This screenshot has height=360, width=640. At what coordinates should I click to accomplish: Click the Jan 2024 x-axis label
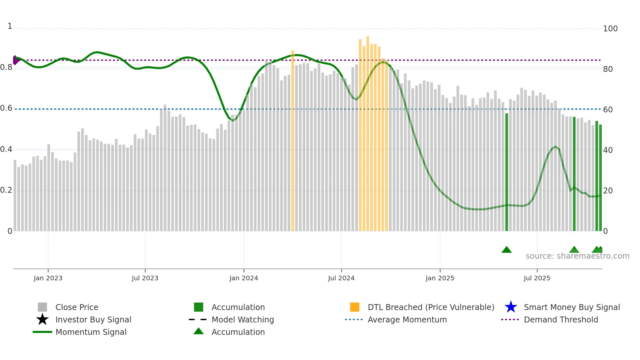[x=244, y=278]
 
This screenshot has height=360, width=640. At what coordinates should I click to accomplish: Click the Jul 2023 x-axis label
[x=145, y=278]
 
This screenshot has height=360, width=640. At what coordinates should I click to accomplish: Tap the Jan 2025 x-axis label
[x=440, y=278]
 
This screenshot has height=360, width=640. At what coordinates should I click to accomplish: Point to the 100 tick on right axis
[x=610, y=29]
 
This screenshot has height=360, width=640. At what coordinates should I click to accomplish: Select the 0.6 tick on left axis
[x=6, y=108]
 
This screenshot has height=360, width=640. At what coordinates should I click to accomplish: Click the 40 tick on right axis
[x=608, y=150]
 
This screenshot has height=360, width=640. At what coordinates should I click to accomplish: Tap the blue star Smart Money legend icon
[x=511, y=307]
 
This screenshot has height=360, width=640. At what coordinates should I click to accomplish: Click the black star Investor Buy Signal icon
[x=42, y=319]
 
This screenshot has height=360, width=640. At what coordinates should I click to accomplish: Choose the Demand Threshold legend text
[x=561, y=319]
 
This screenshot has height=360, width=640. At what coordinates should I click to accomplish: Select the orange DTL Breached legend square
[x=355, y=307]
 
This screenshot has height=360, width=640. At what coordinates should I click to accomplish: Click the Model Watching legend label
[x=243, y=319]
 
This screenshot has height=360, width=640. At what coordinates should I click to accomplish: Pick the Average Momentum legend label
[x=407, y=319]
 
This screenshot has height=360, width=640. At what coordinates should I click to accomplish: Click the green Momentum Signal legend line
[x=42, y=332]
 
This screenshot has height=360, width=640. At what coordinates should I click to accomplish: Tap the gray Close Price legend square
[x=42, y=307]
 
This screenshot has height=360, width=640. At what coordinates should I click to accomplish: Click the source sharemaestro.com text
[x=577, y=256]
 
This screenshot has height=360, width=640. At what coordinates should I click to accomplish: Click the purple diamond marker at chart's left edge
[x=15, y=60]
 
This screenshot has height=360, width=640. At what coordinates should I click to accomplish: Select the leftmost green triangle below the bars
[x=506, y=250]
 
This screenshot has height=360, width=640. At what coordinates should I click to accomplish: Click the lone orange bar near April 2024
[x=293, y=140]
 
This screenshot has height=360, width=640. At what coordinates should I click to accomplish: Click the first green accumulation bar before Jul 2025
[x=507, y=172]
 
